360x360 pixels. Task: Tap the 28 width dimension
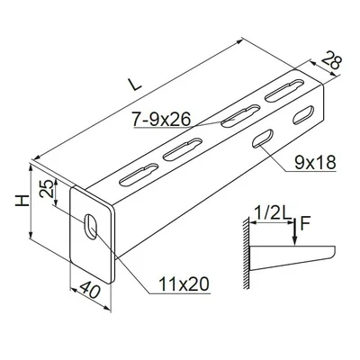pyautogui.click(x=331, y=61)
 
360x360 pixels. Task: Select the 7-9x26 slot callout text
pyautogui.click(x=162, y=120)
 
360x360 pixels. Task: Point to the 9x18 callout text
pyautogui.click(x=315, y=164)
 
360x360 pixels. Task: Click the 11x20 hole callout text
pyautogui.click(x=184, y=284)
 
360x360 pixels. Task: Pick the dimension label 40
pyautogui.click(x=89, y=289)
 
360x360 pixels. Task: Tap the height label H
pyautogui.click(x=22, y=201)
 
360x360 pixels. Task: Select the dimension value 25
pyautogui.click(x=47, y=189)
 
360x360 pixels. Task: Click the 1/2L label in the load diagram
pyautogui.click(x=272, y=214)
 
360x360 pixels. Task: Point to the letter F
pyautogui.click(x=304, y=224)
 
